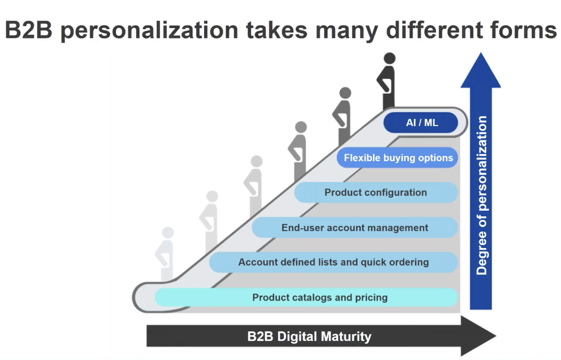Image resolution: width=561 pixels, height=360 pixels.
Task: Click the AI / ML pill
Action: coord(421,123)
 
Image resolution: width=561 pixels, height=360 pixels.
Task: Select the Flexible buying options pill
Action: coord(397,157)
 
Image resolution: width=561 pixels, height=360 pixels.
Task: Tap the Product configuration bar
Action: coord(376,193)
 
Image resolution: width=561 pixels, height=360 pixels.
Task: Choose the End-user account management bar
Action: coord(355,227)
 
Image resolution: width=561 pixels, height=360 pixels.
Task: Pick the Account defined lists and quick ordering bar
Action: coord(334,262)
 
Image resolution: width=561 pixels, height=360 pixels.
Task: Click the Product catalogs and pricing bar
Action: coord(306,297)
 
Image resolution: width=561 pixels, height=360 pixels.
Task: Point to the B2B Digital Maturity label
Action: coord(309,336)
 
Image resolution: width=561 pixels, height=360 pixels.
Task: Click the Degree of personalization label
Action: coord(481,196)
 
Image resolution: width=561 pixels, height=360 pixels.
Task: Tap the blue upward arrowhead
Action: coord(480,70)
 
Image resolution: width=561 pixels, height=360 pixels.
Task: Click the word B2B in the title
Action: coord(29,30)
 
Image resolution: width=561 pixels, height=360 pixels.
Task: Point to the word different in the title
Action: coord(434,30)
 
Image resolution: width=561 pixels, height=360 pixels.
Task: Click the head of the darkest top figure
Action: coord(390,58)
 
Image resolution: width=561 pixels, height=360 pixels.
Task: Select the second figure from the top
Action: coord(343,117)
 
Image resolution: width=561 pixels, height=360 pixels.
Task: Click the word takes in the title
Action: coord(277,30)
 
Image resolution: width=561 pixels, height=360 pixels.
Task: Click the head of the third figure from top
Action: coord(301,127)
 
